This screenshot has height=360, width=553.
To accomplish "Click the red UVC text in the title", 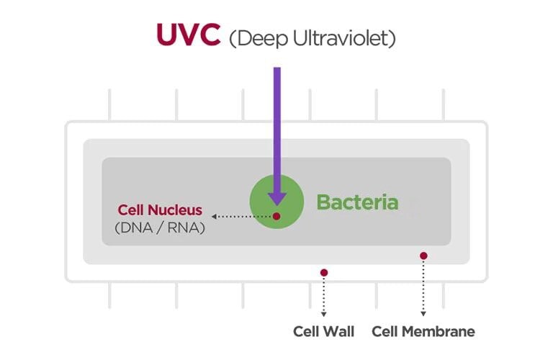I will (188, 35).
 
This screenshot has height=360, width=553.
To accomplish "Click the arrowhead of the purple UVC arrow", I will (277, 197).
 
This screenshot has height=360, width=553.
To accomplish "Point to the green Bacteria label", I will (357, 202).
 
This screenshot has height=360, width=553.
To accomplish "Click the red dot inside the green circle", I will (277, 216).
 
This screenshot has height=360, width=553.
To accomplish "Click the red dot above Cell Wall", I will (324, 272).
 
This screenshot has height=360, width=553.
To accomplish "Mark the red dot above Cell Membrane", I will (423, 256).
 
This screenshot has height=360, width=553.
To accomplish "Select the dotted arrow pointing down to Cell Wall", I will (324, 297).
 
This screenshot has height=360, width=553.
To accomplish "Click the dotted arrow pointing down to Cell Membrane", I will (423, 288).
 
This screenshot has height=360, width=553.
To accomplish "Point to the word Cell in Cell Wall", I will (307, 332).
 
